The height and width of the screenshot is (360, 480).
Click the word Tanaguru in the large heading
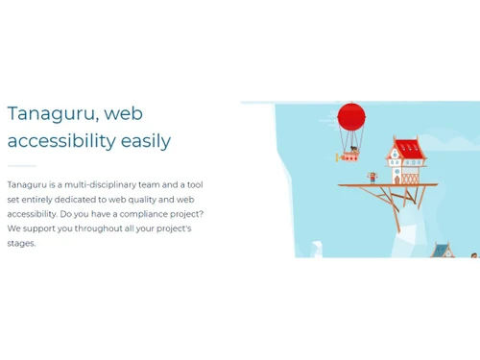coord(51,113)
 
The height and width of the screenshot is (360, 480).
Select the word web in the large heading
coord(123,113)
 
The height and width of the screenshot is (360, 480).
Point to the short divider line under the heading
coord(21,165)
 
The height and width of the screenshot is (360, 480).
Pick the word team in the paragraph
coord(161,184)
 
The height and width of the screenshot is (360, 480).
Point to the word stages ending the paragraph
coord(21,243)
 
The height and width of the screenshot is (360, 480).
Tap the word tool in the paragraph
coord(193,184)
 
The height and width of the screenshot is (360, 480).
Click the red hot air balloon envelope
coord(351,117)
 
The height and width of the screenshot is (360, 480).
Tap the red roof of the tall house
coord(407,148)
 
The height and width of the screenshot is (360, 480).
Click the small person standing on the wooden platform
coord(372,177)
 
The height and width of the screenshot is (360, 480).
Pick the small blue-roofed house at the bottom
coord(441,250)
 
